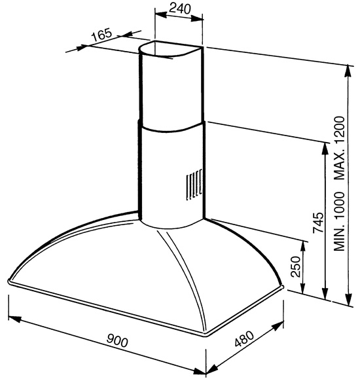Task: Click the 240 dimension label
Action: click(180, 9)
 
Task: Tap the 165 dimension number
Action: click(102, 35)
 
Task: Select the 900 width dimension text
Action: click(117, 340)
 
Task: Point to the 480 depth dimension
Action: click(244, 338)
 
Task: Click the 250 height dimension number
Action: click(295, 266)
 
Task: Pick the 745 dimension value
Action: click(318, 223)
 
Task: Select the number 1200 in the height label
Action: click(339, 130)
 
